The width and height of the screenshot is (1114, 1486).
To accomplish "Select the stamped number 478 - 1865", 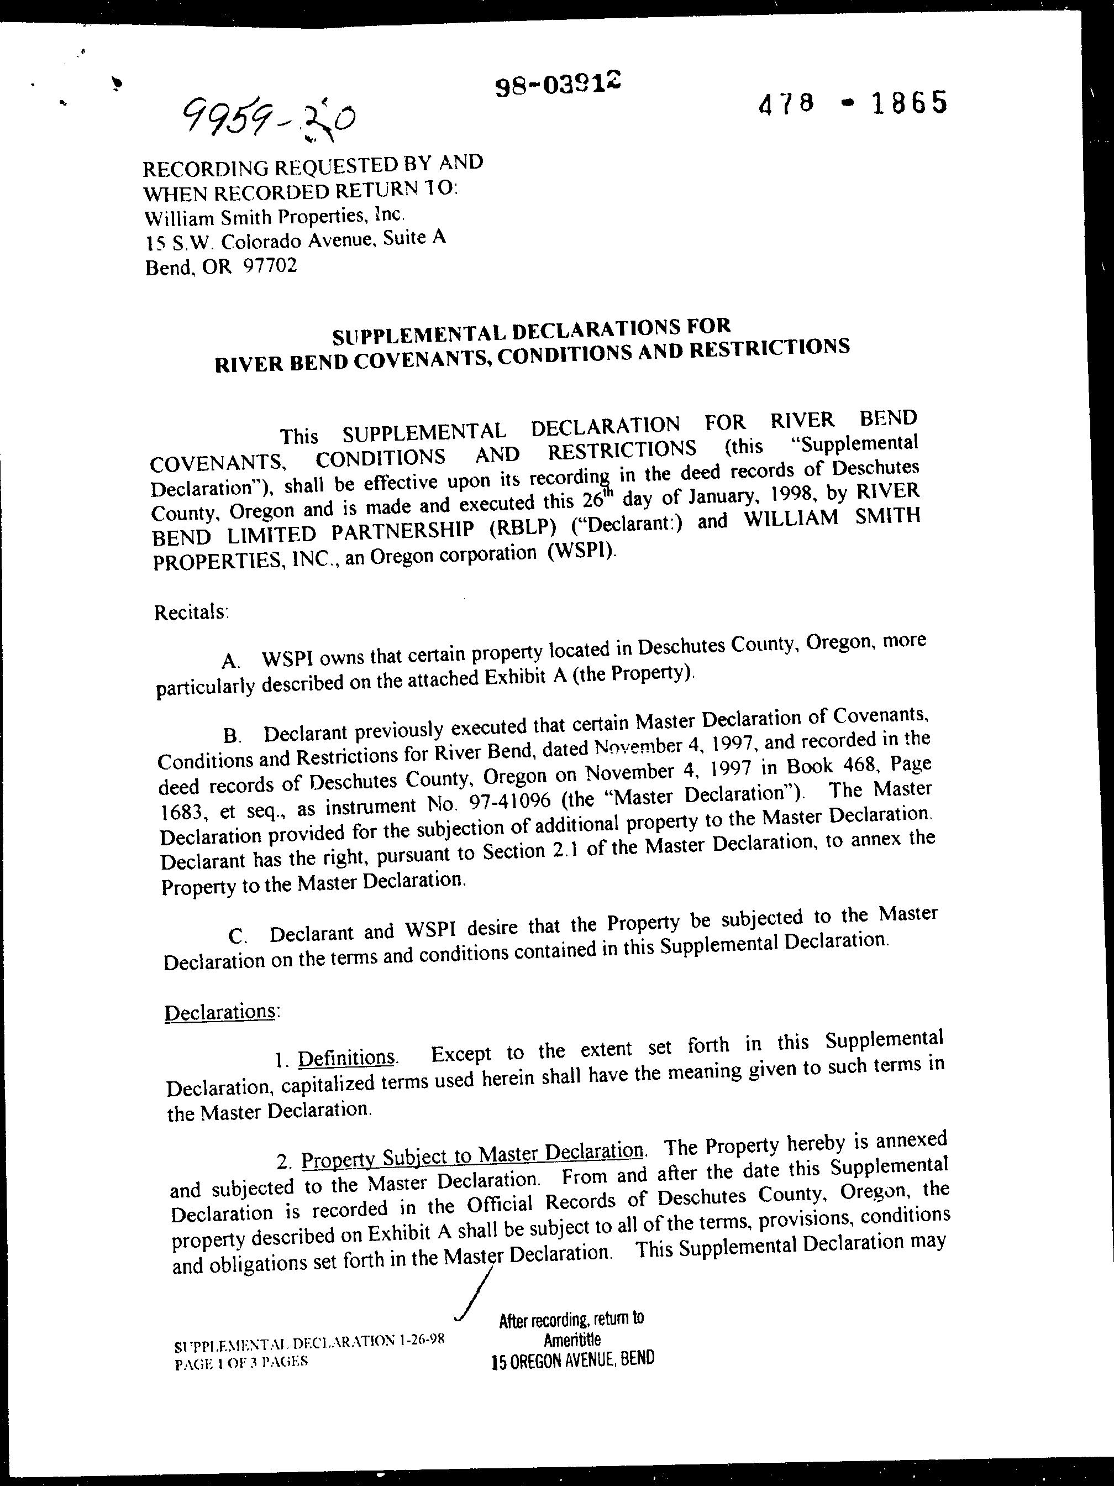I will click(x=853, y=103).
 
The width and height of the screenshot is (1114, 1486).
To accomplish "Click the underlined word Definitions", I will click(x=346, y=1058).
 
